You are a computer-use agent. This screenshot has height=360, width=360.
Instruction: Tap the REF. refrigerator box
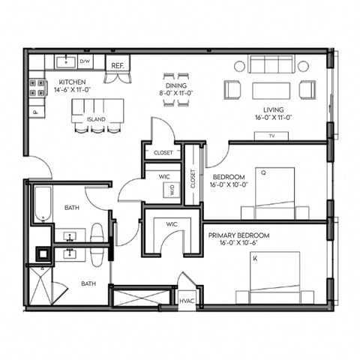[x=118, y=66]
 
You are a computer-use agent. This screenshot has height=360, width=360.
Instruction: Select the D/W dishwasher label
[x=85, y=61]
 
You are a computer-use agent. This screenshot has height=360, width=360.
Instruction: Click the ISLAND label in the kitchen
[x=94, y=119]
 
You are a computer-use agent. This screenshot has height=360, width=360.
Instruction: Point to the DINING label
[x=176, y=85]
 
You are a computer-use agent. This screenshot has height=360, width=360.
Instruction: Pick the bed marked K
[x=274, y=276]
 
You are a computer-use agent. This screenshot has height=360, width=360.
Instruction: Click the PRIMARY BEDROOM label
[x=239, y=235]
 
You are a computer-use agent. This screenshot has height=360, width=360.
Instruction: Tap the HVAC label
[x=187, y=301]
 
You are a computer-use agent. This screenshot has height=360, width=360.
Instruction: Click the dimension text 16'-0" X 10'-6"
[x=239, y=244]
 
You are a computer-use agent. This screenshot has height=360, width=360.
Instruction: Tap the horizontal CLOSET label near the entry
[x=163, y=152]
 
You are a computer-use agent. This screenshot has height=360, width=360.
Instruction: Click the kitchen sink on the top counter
[x=64, y=60]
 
